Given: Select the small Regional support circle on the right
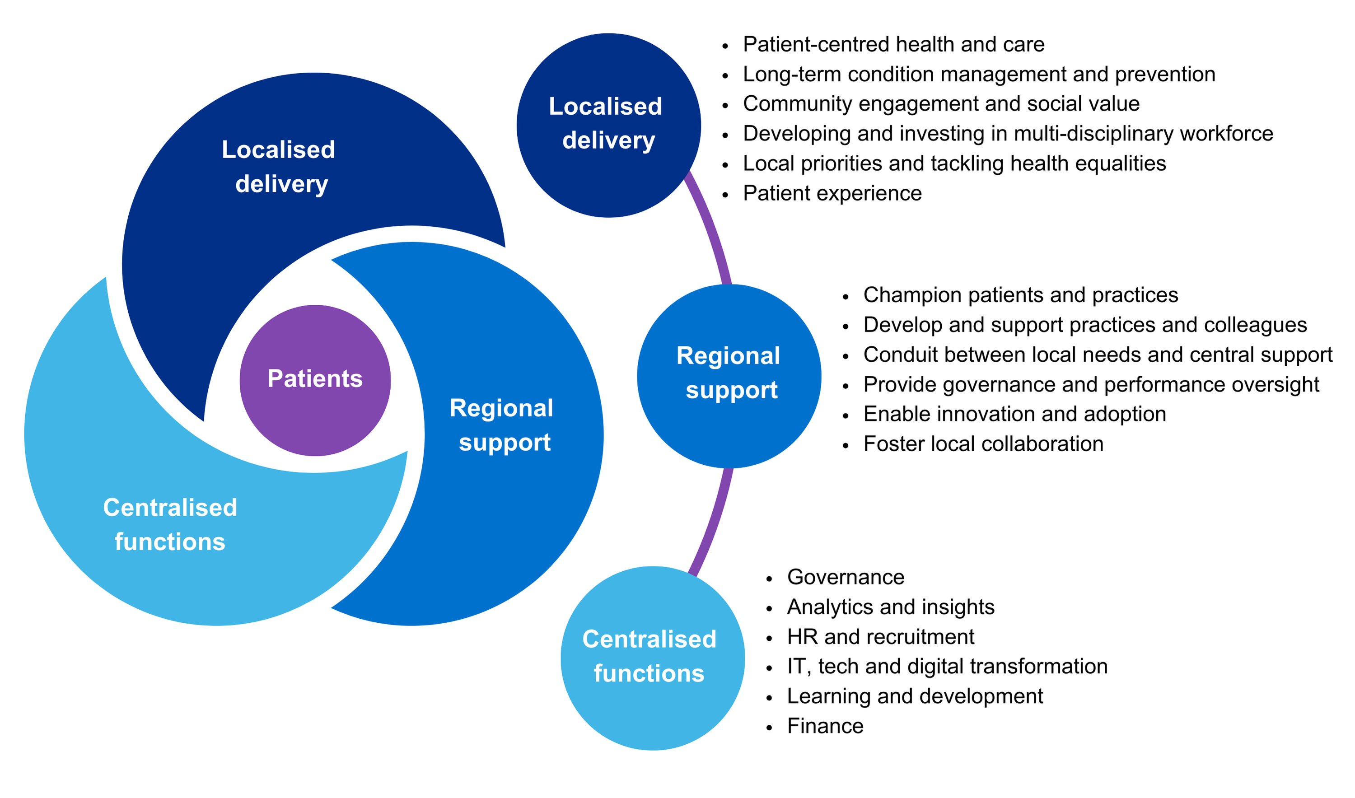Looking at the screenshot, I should pyautogui.click(x=729, y=375).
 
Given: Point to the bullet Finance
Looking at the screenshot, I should pyautogui.click(x=824, y=726).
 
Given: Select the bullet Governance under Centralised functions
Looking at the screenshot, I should pyautogui.click(x=845, y=577).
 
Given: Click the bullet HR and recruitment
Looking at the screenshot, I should pyautogui.click(x=880, y=637).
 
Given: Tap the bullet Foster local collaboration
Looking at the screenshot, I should pyautogui.click(x=982, y=443).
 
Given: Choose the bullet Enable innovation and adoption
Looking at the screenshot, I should pyautogui.click(x=1014, y=414).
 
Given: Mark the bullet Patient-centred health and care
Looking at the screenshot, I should pyautogui.click(x=893, y=44).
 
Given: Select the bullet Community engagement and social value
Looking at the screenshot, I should pyautogui.click(x=940, y=104).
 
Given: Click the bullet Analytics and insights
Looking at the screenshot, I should pyautogui.click(x=890, y=607).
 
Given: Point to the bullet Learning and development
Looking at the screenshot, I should pyautogui.click(x=914, y=696).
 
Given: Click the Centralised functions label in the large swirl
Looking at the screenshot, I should pyautogui.click(x=169, y=524).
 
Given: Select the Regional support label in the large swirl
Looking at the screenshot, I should pyautogui.click(x=501, y=425).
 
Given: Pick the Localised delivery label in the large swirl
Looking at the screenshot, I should pyautogui.click(x=279, y=166).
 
